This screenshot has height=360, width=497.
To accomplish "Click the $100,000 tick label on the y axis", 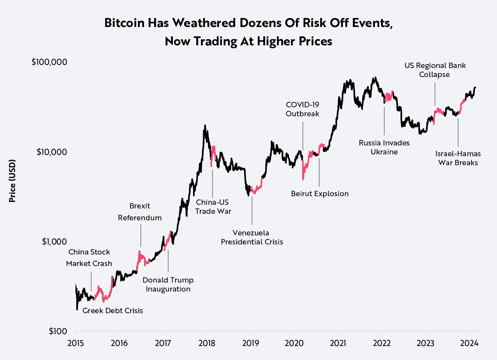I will (x=49, y=62).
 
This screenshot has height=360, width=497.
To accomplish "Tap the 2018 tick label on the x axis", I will (x=207, y=343).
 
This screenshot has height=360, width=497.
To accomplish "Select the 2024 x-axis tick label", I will (x=469, y=343).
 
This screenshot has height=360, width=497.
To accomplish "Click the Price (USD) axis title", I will (x=13, y=181).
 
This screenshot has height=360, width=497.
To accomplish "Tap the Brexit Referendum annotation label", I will (x=140, y=212).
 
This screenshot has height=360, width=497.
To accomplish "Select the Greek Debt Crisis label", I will (x=113, y=311).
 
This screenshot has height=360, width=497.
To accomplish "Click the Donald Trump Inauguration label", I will (x=168, y=284).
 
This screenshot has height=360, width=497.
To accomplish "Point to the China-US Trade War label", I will (x=213, y=207).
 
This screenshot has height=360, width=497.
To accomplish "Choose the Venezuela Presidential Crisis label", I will (x=252, y=237).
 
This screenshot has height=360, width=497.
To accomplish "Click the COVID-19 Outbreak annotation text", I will (x=303, y=109).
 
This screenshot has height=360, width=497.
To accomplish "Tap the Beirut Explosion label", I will (x=320, y=194).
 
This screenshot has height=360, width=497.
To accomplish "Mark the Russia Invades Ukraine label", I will (x=384, y=147).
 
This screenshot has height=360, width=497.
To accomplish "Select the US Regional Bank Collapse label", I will (x=435, y=70).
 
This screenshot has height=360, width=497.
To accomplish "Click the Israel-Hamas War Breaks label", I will (x=458, y=158).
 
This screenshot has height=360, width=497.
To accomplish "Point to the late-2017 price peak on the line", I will (x=205, y=126).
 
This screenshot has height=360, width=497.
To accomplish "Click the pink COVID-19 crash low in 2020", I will (x=303, y=179).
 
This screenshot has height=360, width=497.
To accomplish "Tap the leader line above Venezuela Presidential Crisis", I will (x=252, y=211).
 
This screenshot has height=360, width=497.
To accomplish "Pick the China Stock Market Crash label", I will (x=89, y=258).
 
